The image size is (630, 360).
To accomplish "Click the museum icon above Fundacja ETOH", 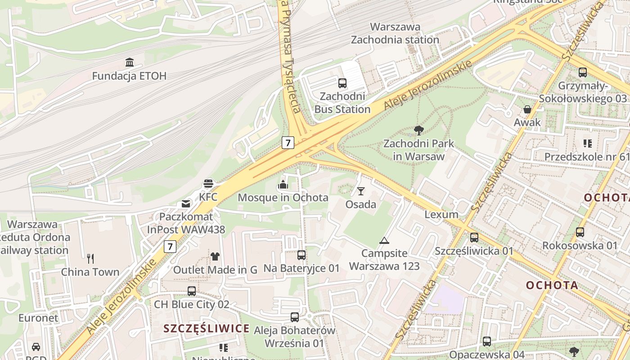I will (x=130, y=62).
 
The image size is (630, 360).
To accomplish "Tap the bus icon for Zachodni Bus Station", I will (x=342, y=83).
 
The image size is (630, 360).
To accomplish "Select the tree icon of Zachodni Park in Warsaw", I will (x=418, y=130).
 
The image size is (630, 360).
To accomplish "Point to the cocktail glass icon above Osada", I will (x=360, y=191).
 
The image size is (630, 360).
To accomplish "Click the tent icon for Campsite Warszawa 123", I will (x=384, y=240).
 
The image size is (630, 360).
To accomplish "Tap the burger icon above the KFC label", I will (x=208, y=184).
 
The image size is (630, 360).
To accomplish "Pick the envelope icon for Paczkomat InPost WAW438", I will (x=186, y=204).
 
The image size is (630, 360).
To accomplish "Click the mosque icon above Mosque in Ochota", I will (x=283, y=184).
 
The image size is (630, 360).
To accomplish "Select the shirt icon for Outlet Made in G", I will (x=215, y=256).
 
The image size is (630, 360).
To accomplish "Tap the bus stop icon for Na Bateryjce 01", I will (x=301, y=255).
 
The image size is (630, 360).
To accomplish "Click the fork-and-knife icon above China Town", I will (x=90, y=258).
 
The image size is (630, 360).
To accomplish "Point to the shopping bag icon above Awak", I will (x=527, y=109).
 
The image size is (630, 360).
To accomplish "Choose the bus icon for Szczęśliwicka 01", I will (x=474, y=238).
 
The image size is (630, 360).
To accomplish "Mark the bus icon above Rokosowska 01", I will (x=580, y=232).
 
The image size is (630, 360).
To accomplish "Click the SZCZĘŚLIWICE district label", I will (x=207, y=328).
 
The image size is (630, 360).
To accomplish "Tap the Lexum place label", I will (x=441, y=214).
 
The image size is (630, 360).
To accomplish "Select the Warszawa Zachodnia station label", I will (x=395, y=33).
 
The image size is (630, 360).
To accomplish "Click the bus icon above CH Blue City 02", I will (x=192, y=291).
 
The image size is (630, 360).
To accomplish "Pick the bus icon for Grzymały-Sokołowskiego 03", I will (x=583, y=72).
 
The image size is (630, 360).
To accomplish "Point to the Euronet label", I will (x=38, y=318).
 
